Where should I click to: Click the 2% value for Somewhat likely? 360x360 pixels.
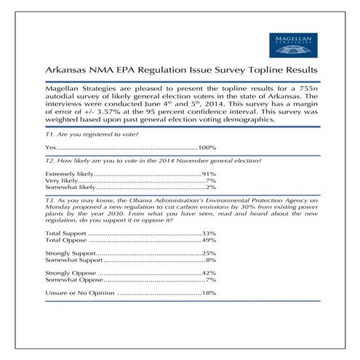(211, 188)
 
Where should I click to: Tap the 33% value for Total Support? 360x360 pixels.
(209, 233)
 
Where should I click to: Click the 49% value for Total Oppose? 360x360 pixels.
(209, 239)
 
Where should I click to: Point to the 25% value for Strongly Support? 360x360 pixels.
(209, 252)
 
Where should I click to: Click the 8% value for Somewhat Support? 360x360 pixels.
(211, 259)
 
